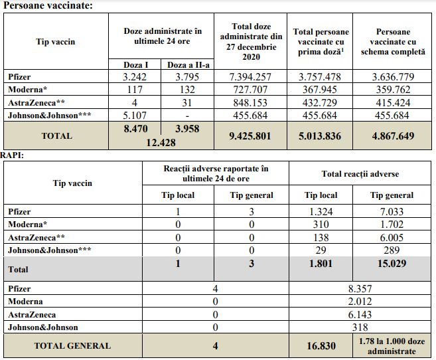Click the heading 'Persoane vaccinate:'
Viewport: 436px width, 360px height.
[x=48, y=5]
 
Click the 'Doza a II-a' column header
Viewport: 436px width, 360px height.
[x=187, y=64]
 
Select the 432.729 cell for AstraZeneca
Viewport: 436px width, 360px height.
[x=321, y=102]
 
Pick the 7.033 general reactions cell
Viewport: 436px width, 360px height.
[x=391, y=212]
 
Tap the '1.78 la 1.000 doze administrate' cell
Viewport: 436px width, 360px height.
[x=391, y=345]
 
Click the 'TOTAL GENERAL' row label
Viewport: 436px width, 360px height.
[x=73, y=345]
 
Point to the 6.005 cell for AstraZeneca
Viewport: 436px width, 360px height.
[x=391, y=237]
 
